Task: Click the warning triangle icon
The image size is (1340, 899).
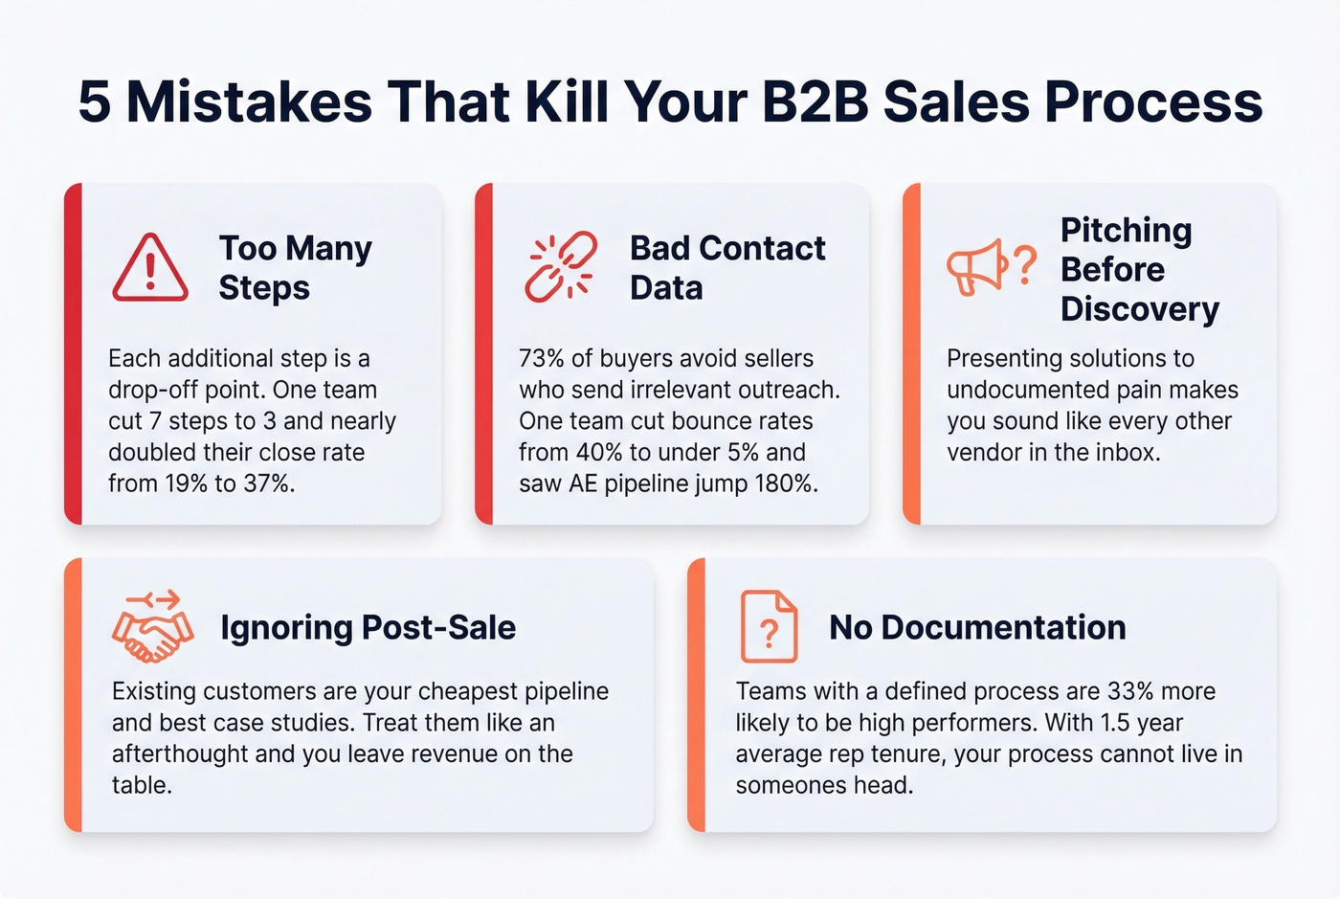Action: (x=150, y=268)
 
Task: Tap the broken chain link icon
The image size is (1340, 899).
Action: (x=561, y=266)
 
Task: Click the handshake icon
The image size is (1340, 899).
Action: (x=153, y=628)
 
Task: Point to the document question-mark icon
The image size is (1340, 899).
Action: (x=769, y=627)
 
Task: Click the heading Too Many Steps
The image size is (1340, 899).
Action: (x=295, y=268)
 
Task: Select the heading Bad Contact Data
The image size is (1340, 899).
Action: (x=726, y=268)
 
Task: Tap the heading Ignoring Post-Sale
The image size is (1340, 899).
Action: (x=368, y=628)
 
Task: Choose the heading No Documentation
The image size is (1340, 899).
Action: (x=977, y=628)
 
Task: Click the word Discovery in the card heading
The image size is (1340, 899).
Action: (x=1139, y=309)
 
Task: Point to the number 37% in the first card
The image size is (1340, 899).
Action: (x=267, y=483)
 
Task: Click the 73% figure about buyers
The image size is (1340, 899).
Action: (x=542, y=359)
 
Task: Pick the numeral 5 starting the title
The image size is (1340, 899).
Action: (x=94, y=101)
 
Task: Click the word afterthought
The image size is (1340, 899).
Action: (x=180, y=754)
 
